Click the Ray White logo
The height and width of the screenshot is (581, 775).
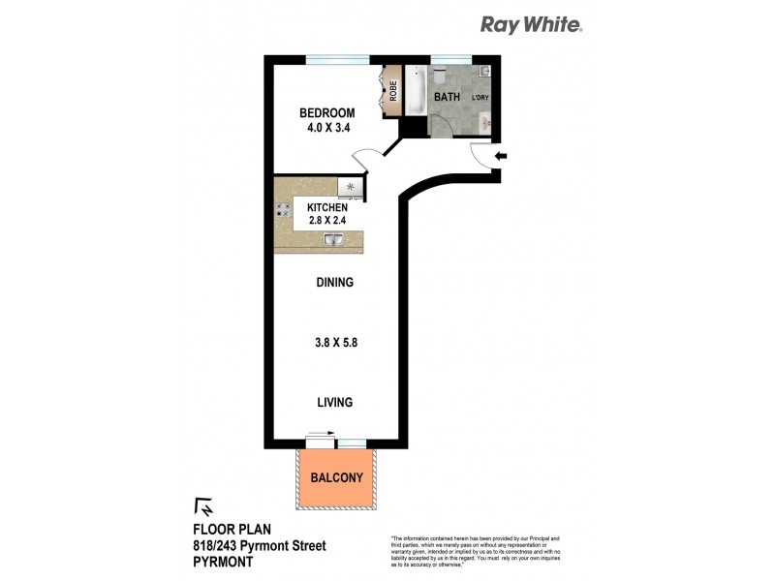pyautogui.click(x=532, y=26)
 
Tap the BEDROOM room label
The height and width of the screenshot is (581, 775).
pyautogui.click(x=325, y=113)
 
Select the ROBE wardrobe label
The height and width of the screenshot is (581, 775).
pyautogui.click(x=393, y=90)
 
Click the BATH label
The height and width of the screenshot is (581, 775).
pyautogui.click(x=448, y=98)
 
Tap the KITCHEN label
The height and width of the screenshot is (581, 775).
pyautogui.click(x=328, y=208)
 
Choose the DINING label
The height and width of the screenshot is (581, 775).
pyautogui.click(x=332, y=283)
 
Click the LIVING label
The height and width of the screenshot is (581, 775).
pyautogui.click(x=332, y=402)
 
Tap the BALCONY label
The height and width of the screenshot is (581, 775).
pyautogui.click(x=336, y=477)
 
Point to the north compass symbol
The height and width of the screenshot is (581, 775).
pyautogui.click(x=204, y=506)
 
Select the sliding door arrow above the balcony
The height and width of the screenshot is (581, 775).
pyautogui.click(x=318, y=435)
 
